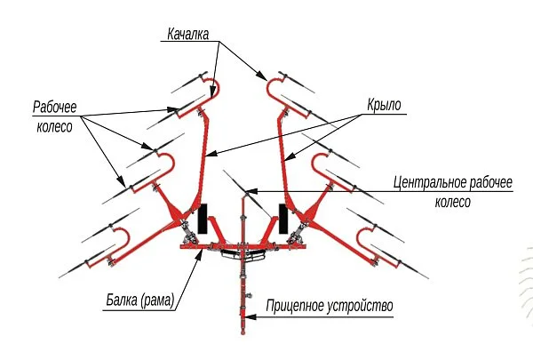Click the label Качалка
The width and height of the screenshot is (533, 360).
click(188, 34)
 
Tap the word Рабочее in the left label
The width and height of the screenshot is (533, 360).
click(55, 107)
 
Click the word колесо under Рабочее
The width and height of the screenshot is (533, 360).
click(54, 126)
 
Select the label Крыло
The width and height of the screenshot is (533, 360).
click(384, 105)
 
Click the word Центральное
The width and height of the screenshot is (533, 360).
click(430, 183)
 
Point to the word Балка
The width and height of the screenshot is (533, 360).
click(122, 300)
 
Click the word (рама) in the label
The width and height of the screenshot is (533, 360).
click(157, 300)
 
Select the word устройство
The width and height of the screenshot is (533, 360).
click(360, 306)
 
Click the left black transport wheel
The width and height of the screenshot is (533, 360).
click(203, 219)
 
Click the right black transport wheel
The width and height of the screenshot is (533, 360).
click(283, 219)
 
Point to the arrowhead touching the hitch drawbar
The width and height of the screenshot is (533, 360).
click(250, 317)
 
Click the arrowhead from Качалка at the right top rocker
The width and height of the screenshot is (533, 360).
click(262, 76)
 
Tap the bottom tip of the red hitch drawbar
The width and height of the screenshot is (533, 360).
click(243, 333)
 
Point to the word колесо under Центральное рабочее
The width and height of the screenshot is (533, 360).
click(452, 202)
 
